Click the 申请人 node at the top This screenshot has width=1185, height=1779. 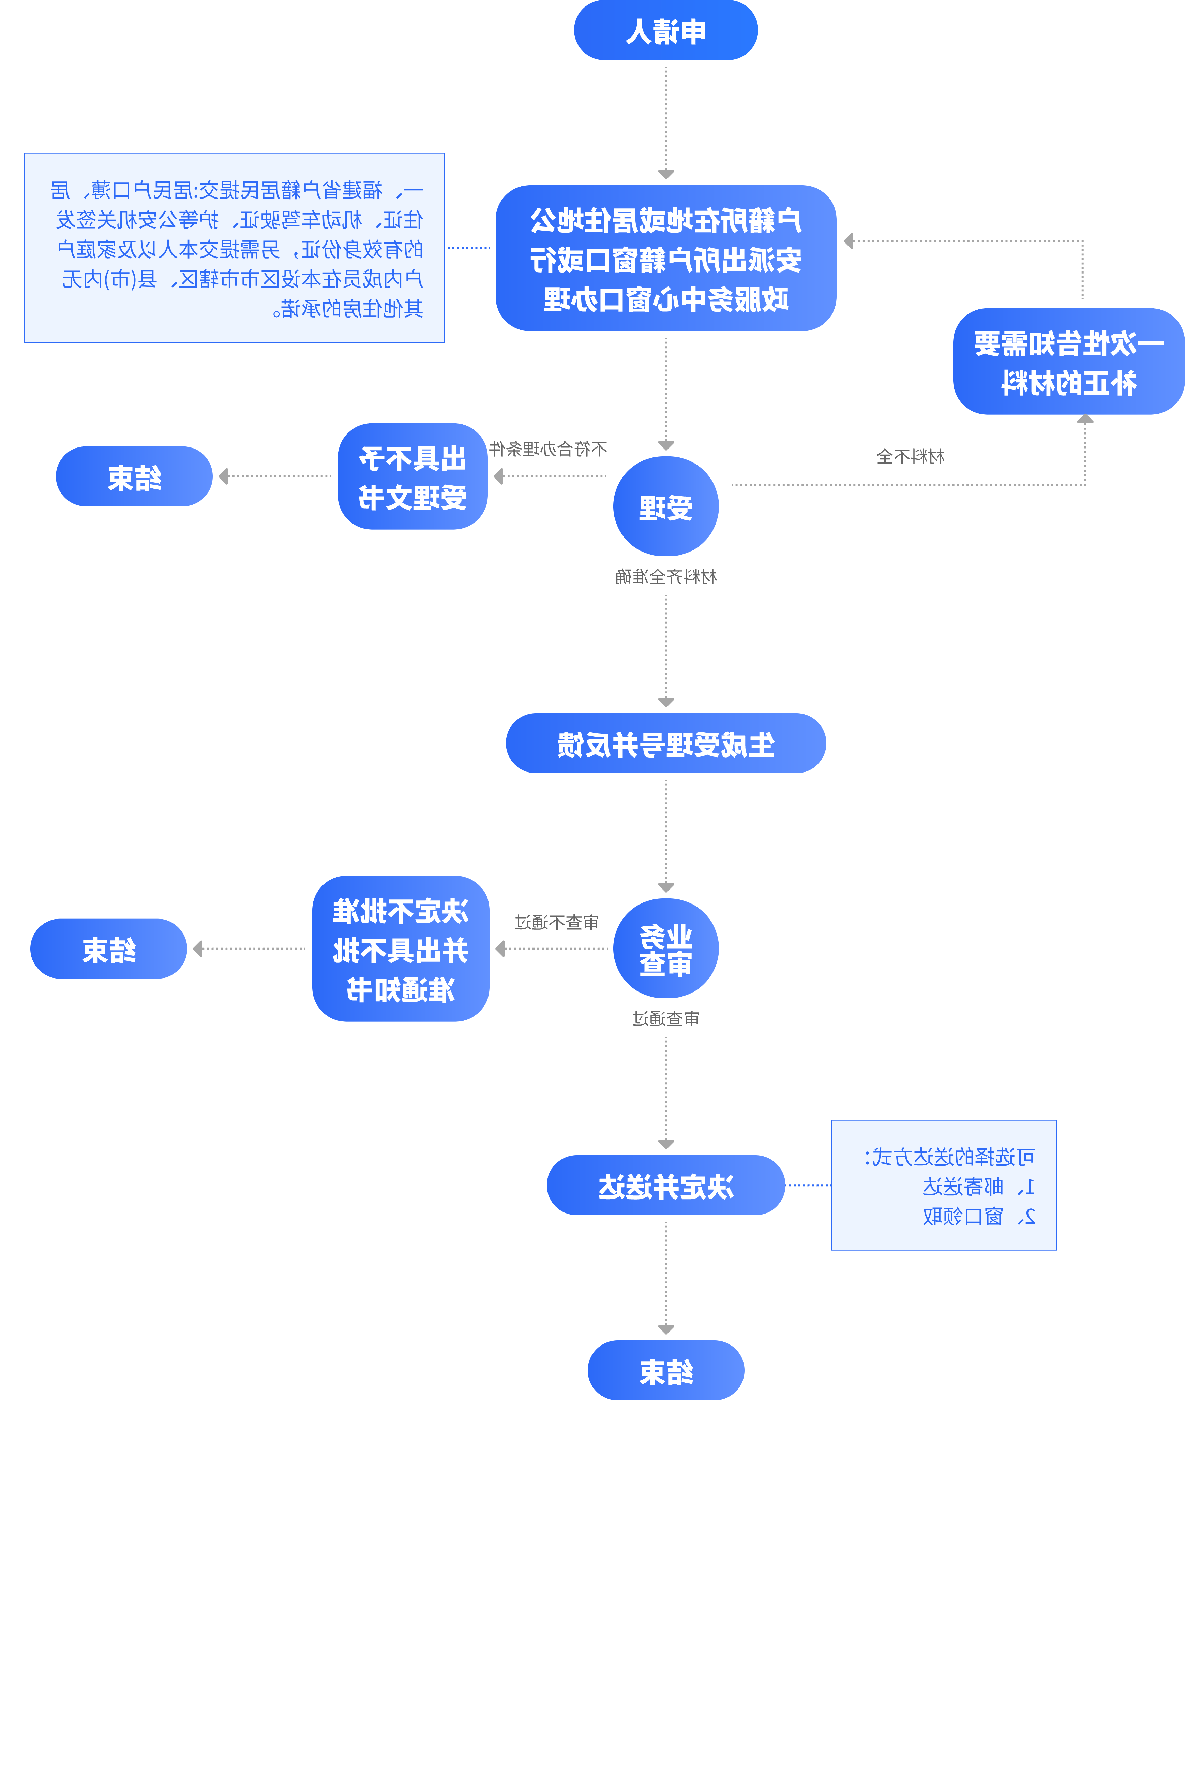666,30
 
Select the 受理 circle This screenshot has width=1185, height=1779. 666,506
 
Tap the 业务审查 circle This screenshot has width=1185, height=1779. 666,949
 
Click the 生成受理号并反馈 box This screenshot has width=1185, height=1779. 666,743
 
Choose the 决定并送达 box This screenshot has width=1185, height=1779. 666,1186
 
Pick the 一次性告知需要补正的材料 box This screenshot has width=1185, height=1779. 1069,362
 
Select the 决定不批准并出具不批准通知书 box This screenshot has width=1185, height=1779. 401,949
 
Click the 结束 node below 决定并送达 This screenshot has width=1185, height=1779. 666,1371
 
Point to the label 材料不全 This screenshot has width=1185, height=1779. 911,457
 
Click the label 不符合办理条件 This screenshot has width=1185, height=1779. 548,449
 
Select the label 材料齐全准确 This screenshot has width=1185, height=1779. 666,577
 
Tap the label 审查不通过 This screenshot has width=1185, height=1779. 557,922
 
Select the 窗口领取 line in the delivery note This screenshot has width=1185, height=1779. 979,1217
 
